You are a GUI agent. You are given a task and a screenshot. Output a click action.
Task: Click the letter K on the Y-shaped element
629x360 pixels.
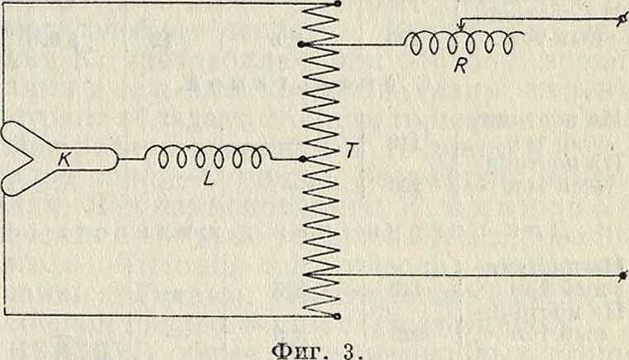click(x=65, y=160)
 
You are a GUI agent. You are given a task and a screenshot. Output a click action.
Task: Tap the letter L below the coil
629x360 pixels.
click(x=209, y=179)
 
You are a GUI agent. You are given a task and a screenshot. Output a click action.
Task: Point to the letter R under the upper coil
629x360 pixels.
click(x=460, y=67)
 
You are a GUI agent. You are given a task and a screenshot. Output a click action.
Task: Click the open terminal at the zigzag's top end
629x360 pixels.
click(x=338, y=4)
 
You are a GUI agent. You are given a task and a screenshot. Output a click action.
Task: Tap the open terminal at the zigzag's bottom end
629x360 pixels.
click(x=338, y=316)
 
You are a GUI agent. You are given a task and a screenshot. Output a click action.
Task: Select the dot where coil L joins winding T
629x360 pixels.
click(x=303, y=160)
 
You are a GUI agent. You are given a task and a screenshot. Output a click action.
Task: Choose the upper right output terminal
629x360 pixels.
click(x=622, y=19)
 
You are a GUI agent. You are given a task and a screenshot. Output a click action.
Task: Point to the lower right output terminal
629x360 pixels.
click(x=622, y=276)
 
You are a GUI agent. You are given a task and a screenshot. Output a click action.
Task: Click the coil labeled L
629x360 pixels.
click(x=208, y=156)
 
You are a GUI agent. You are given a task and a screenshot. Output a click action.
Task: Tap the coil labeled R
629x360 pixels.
click(x=460, y=42)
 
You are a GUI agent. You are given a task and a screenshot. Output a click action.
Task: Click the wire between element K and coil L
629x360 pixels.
click(x=131, y=160)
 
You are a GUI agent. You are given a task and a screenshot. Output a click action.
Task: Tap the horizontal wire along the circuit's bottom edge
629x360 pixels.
click(x=170, y=314)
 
